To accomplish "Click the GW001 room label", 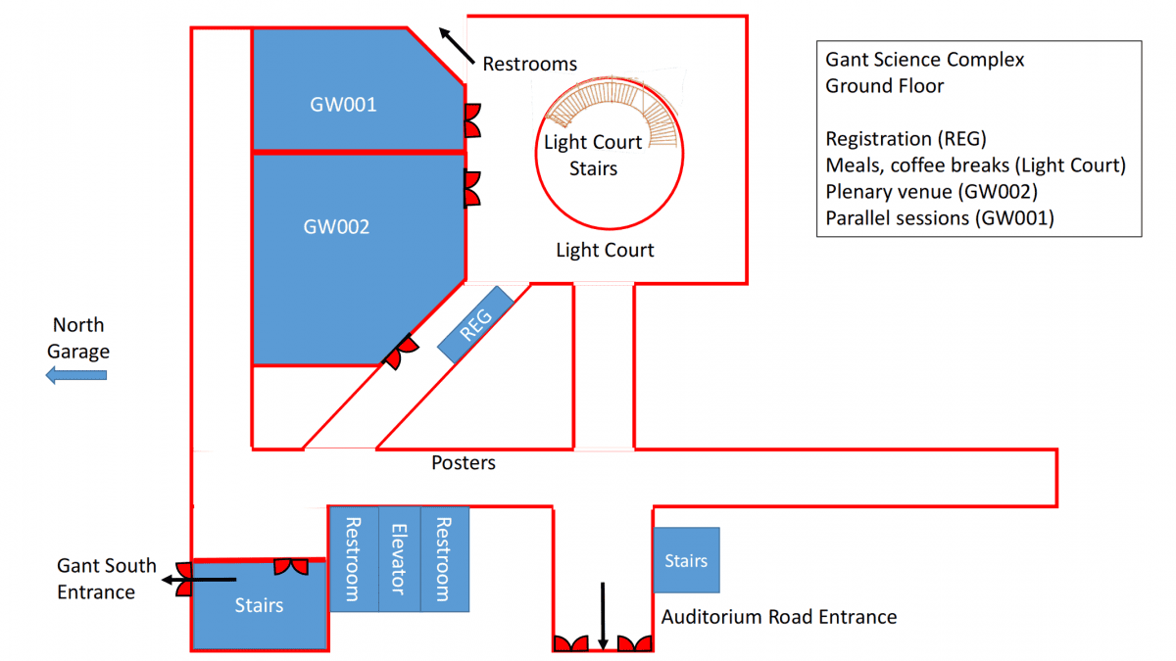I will pos(344,105).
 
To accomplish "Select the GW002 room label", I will pos(336,227).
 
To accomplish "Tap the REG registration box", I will pos(475,324).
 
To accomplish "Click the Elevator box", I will pos(398,558).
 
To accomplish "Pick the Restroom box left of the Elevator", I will pos(353,558).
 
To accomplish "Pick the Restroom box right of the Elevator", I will pos(445,558).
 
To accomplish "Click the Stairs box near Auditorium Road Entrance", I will pos(686,560).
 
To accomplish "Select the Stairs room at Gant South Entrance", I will pos(259,605).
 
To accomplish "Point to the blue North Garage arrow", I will pos(77,374).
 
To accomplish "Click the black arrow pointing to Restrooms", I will pos(454,45).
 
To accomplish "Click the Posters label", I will pos(464,462).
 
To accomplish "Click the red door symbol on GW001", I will pos(471,119).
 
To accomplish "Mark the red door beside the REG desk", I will pos(400,352).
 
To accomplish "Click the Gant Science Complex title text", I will pos(924,60).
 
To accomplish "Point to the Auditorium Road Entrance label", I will pos(779,617).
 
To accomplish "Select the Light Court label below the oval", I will pos(605,251).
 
